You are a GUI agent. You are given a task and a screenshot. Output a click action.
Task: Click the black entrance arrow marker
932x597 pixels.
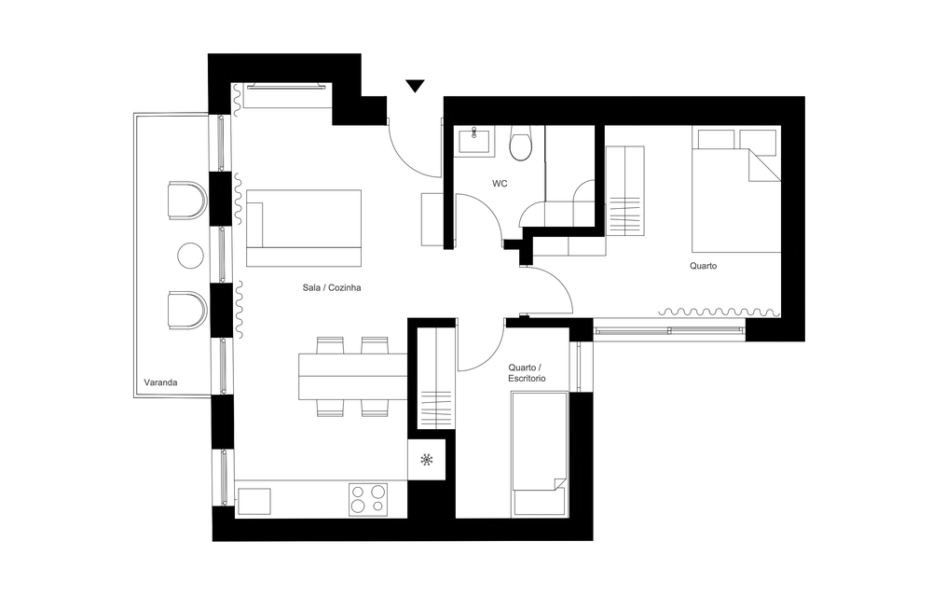click(x=415, y=86)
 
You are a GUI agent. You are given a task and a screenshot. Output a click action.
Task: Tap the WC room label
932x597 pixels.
click(x=500, y=184)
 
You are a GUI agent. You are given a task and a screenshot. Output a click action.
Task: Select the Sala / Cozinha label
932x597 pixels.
click(x=332, y=288)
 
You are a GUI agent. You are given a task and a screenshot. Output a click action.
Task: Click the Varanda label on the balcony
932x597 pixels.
click(x=160, y=382)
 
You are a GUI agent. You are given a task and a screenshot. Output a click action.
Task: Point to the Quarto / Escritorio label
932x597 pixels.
click(x=528, y=373)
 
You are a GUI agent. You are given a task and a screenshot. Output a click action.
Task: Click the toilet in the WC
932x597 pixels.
click(x=521, y=145)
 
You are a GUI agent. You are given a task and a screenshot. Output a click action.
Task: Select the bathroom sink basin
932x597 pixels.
click(x=474, y=142)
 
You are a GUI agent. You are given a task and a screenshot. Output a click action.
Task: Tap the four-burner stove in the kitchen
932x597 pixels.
click(x=368, y=499)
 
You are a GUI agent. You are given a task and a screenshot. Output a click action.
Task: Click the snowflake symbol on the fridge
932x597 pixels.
click(x=426, y=459)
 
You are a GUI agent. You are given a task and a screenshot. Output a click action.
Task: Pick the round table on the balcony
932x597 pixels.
click(x=191, y=256)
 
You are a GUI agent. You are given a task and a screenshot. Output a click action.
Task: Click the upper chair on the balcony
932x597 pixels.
click(x=187, y=201)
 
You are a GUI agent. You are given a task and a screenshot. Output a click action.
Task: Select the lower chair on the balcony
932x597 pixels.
click(x=187, y=310)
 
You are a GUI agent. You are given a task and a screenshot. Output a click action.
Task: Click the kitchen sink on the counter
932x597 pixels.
click(x=254, y=501)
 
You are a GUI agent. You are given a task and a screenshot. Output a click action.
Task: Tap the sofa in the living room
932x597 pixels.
click(x=304, y=228)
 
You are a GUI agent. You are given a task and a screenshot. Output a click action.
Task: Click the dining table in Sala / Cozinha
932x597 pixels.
click(x=352, y=377)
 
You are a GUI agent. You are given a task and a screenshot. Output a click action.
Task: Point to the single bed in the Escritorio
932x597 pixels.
click(x=540, y=453)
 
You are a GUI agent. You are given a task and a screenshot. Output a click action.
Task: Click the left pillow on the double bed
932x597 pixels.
click(x=716, y=139)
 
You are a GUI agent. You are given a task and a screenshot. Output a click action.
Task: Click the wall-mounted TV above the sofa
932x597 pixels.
click(x=286, y=86)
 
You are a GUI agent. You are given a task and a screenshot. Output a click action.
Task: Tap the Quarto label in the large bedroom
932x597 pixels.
click(x=703, y=266)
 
